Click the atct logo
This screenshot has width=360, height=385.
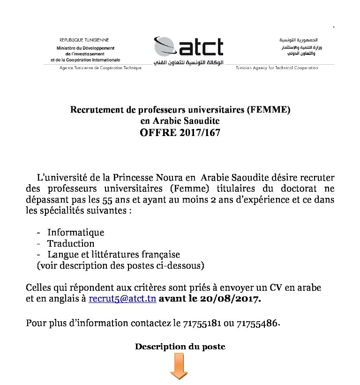click(188, 47)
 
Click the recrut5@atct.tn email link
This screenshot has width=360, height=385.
click(122, 299)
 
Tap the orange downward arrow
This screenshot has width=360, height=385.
click(178, 366)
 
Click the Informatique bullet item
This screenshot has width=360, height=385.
click(75, 233)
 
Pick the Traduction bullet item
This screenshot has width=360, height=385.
click(71, 243)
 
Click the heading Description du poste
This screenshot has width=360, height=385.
click(180, 347)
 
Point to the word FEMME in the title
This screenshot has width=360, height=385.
click(270, 110)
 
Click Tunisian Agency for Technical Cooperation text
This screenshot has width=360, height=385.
click(277, 68)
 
